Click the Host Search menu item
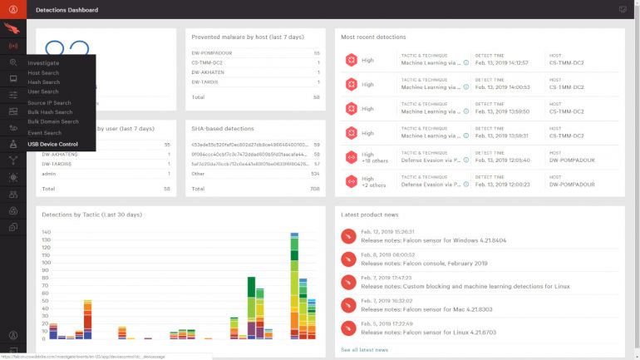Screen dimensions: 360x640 pyautogui.click(x=43, y=72)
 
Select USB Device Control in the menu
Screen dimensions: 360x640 pyautogui.click(x=52, y=144)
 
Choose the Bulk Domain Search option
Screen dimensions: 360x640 pyautogui.click(x=52, y=121)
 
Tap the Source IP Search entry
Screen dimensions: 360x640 pyautogui.click(x=49, y=102)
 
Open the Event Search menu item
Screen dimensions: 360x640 pyautogui.click(x=44, y=133)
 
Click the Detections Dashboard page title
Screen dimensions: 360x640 pyautogui.click(x=66, y=10)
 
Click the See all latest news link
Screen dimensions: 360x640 pyautogui.click(x=364, y=349)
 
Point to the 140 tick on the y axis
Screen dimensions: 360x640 pyautogui.click(x=46, y=232)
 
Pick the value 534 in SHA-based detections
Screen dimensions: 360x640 pyautogui.click(x=315, y=174)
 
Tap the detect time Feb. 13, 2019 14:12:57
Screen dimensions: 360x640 pyautogui.click(x=501, y=62)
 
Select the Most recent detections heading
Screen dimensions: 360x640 pyautogui.click(x=373, y=37)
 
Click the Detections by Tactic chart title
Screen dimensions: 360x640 pyautogui.click(x=91, y=215)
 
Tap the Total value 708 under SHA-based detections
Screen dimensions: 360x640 pyautogui.click(x=314, y=189)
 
